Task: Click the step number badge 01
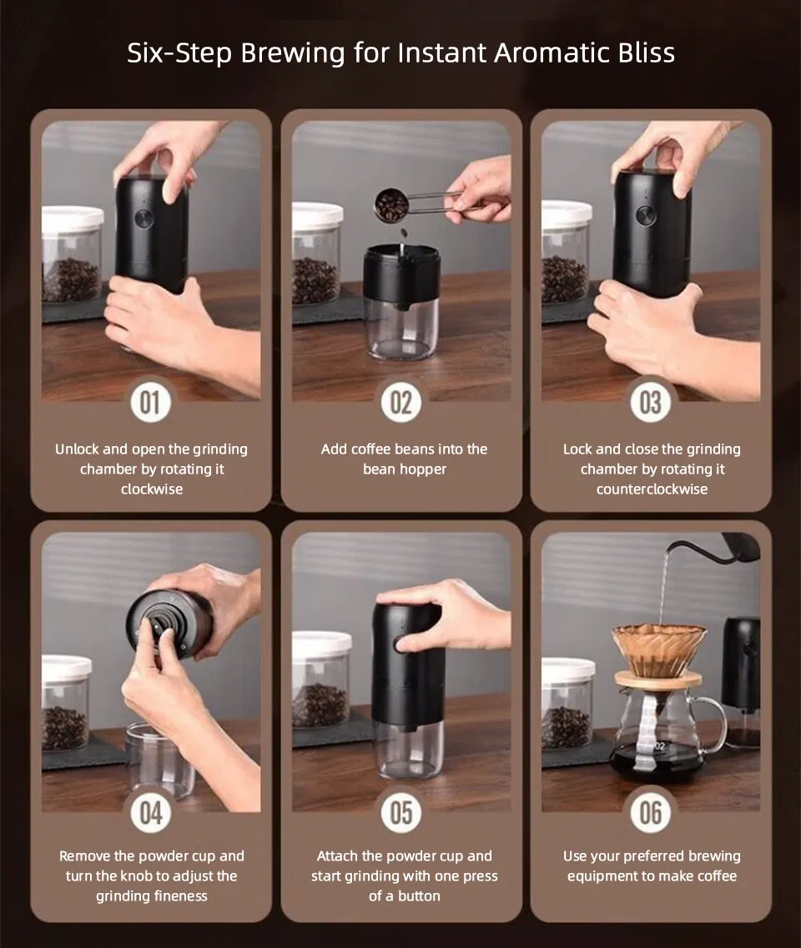click(x=151, y=402)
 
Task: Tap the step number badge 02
click(x=401, y=402)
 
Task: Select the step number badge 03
click(x=651, y=402)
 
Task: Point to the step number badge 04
click(x=151, y=813)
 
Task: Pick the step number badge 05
click(x=401, y=813)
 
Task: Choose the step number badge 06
click(x=651, y=813)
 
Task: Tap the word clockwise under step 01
click(x=151, y=489)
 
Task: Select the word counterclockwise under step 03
click(x=652, y=489)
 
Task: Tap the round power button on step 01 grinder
click(x=143, y=218)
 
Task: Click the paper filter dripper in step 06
click(x=659, y=650)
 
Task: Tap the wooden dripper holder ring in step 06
click(x=658, y=680)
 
